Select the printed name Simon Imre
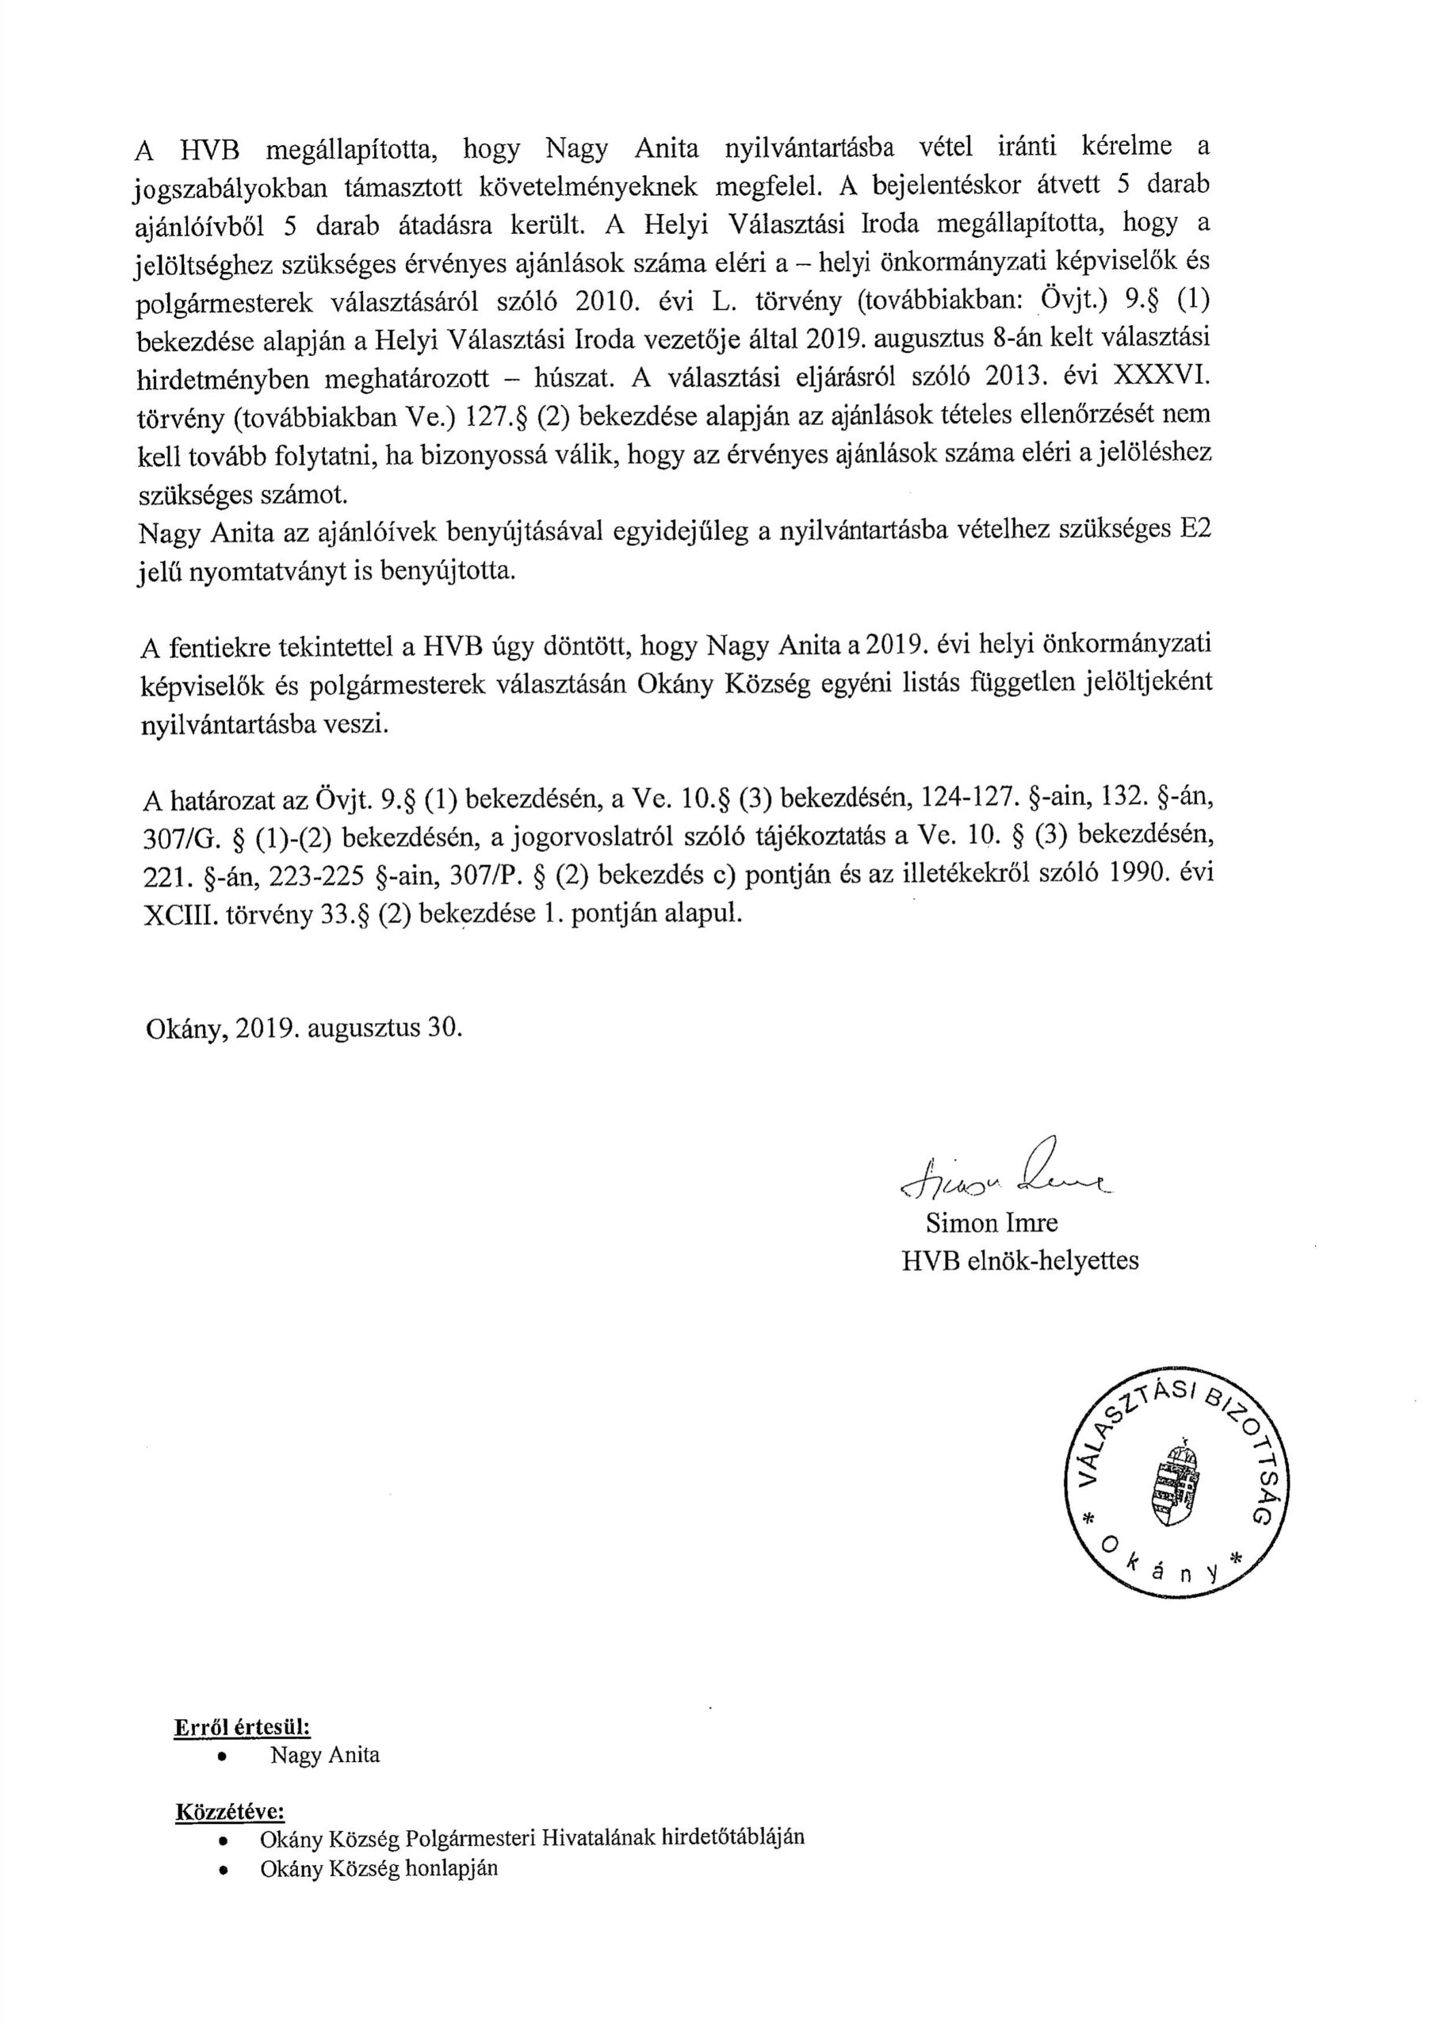[x=991, y=1223]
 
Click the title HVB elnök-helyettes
[x=1019, y=1260]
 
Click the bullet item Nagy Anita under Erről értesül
[x=324, y=1755]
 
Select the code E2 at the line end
[x=1189, y=530]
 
